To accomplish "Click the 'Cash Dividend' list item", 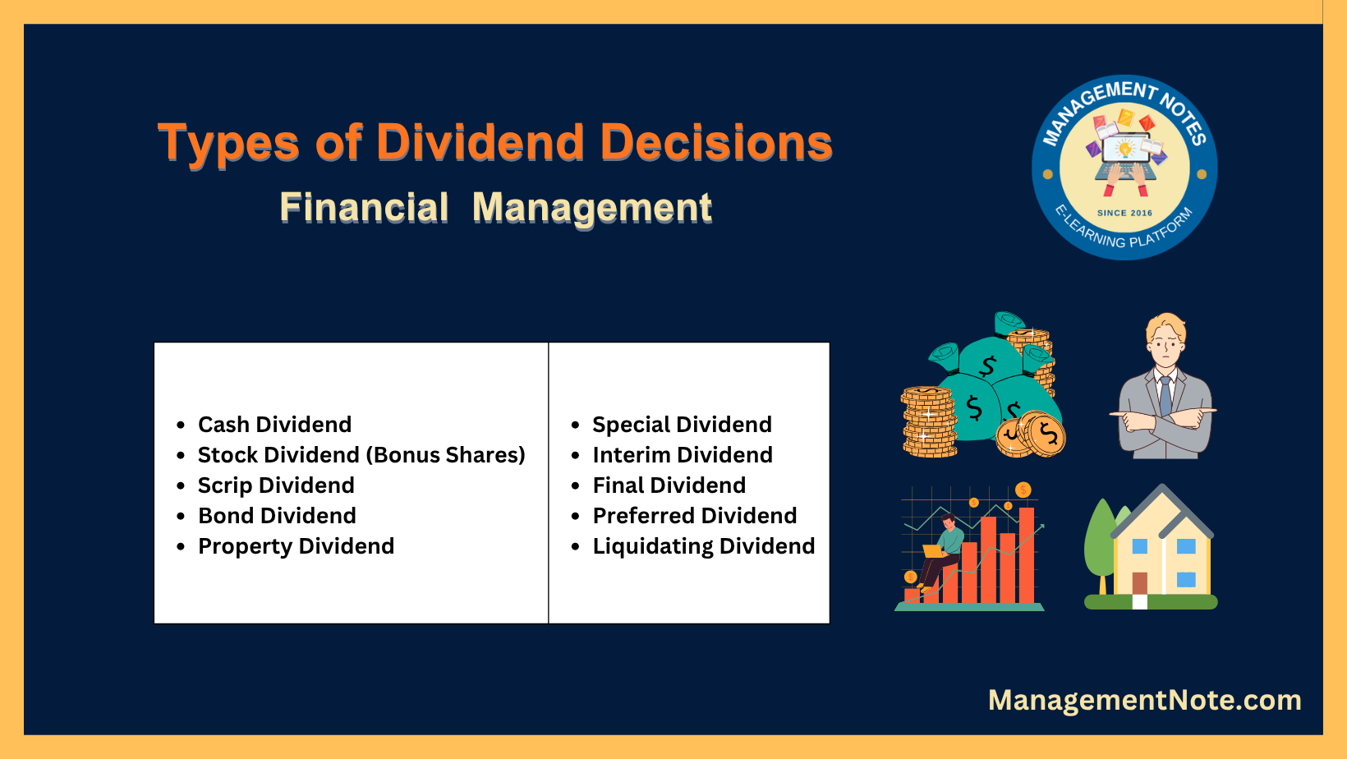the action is [x=275, y=425].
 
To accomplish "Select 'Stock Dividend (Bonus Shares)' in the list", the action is [x=361, y=455].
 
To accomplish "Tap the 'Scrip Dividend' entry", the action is [x=276, y=486].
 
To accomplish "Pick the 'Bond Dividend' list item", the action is [x=278, y=516].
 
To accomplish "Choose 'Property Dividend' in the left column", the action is [x=296, y=547].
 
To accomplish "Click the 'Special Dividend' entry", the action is [x=682, y=425].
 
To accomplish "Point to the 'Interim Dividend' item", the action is [x=683, y=455].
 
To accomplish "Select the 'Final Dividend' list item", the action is [x=669, y=485].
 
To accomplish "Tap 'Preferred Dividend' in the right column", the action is [x=695, y=516].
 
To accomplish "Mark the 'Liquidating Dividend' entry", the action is [x=704, y=547].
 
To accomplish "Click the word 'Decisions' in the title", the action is [x=716, y=143].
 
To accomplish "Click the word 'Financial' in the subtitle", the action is [x=365, y=208].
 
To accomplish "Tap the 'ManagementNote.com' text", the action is [x=1145, y=700].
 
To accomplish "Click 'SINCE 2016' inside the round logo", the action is [x=1124, y=213].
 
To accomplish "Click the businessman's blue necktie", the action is [x=1165, y=396].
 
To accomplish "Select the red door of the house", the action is [x=1139, y=583].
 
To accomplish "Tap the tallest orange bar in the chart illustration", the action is [x=1027, y=555].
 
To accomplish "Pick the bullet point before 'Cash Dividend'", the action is [x=181, y=425].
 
